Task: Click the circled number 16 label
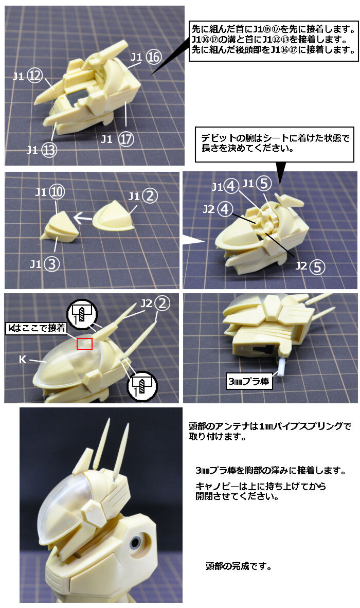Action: [x=153, y=57]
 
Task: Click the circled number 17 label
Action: [x=126, y=138]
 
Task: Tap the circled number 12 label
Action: [x=35, y=76]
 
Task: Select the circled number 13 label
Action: [x=49, y=150]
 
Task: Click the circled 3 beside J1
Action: [x=51, y=264]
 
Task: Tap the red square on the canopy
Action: [x=84, y=344]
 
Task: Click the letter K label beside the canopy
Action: [x=23, y=360]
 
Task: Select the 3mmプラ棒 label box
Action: [x=249, y=382]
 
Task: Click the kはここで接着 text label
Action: [x=37, y=328]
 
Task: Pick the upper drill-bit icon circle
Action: [x=82, y=313]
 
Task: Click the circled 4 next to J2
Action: [x=225, y=209]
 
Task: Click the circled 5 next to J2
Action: [x=317, y=266]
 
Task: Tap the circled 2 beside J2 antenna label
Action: [x=163, y=303]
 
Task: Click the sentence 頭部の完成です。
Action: [x=238, y=566]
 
